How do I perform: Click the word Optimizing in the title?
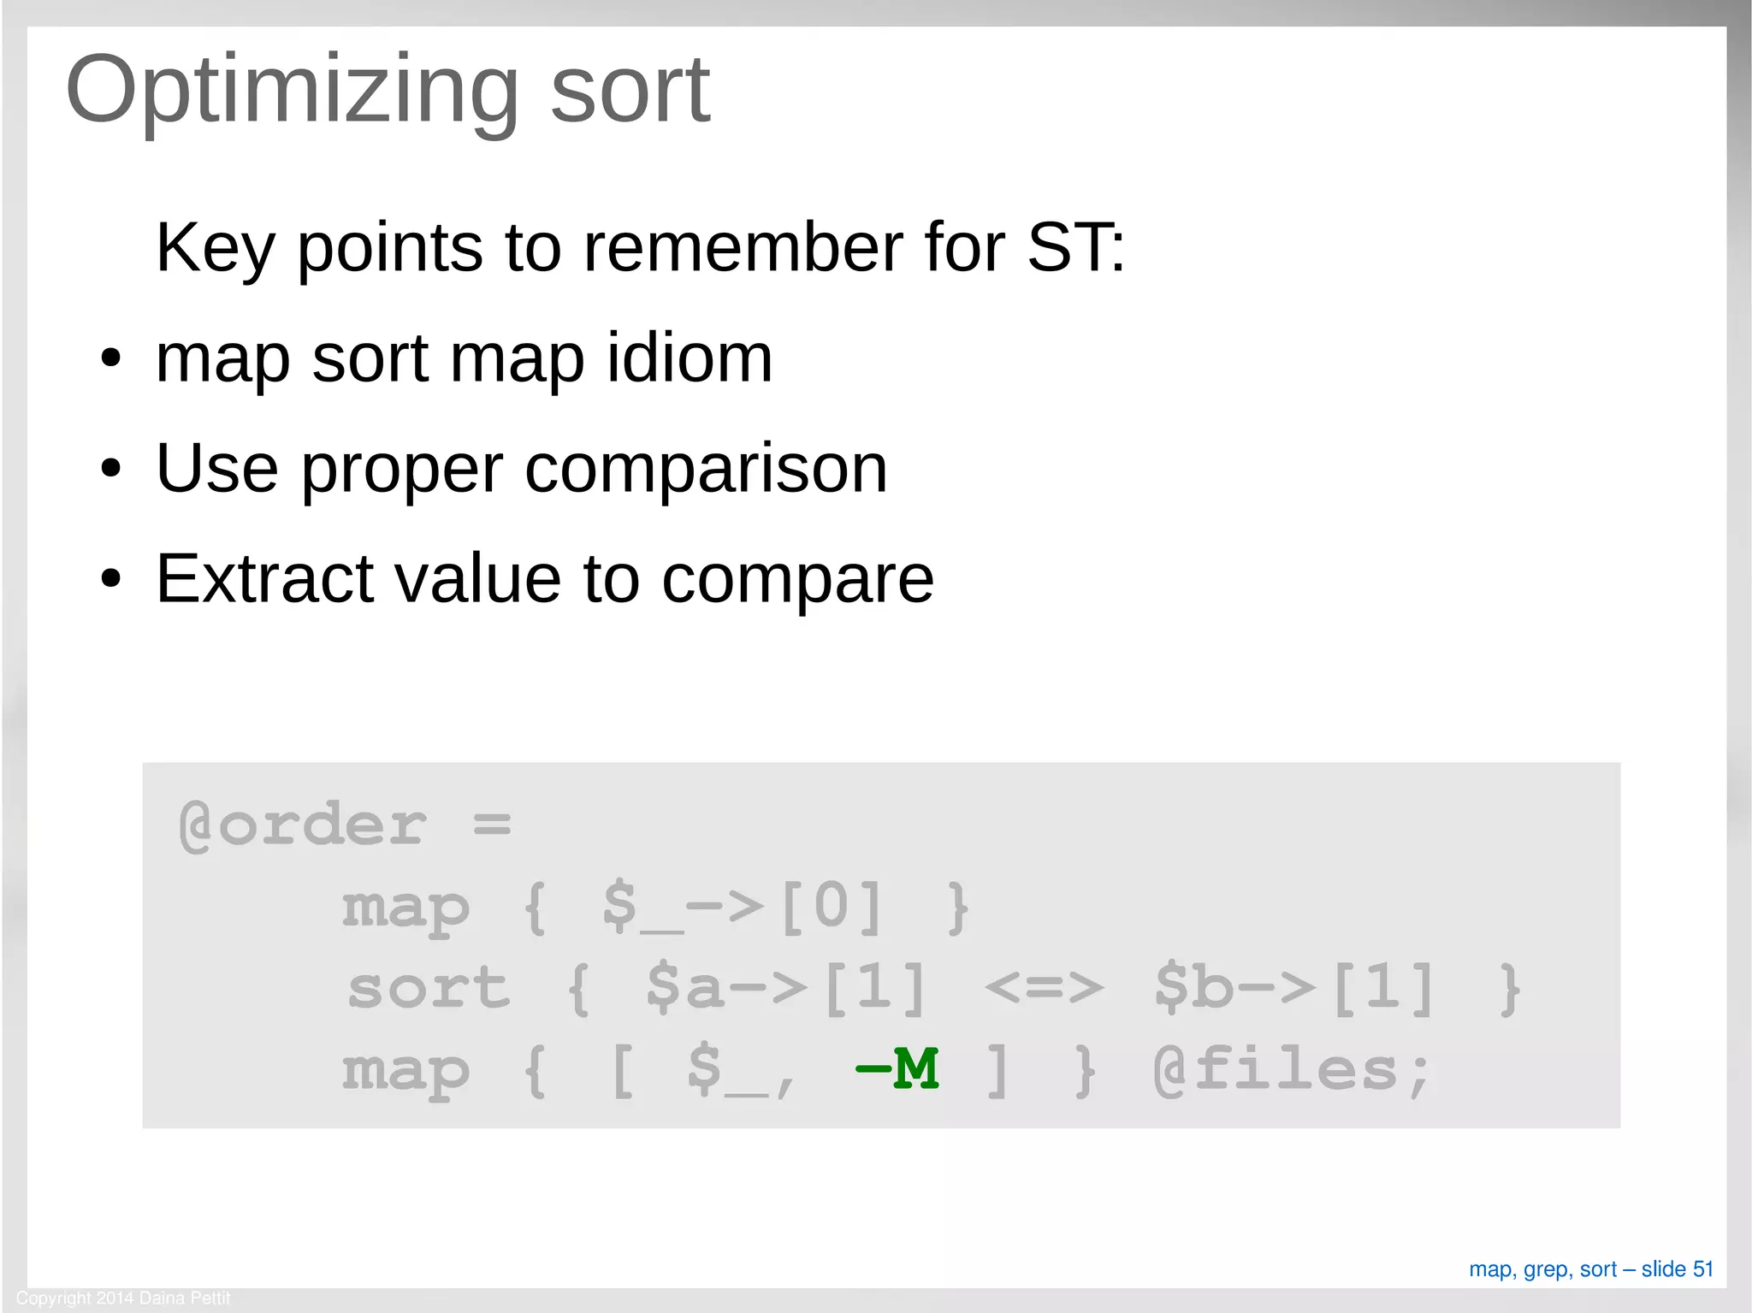pos(291,90)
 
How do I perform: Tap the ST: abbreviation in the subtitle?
pos(1075,248)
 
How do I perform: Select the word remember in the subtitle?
pos(742,248)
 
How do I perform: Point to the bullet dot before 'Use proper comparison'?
pos(110,469)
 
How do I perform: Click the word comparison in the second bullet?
pos(706,469)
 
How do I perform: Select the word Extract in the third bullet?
pos(263,579)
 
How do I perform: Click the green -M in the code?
pos(897,1068)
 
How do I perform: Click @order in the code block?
pos(302,825)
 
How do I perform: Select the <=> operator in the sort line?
pos(1044,988)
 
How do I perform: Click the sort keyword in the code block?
pos(429,988)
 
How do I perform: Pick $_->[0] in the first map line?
pos(742,907)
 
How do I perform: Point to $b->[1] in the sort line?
pos(1293,988)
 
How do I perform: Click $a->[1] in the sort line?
pos(785,988)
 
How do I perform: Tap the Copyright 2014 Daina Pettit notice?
pos(123,1298)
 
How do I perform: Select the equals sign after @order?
pos(492,825)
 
